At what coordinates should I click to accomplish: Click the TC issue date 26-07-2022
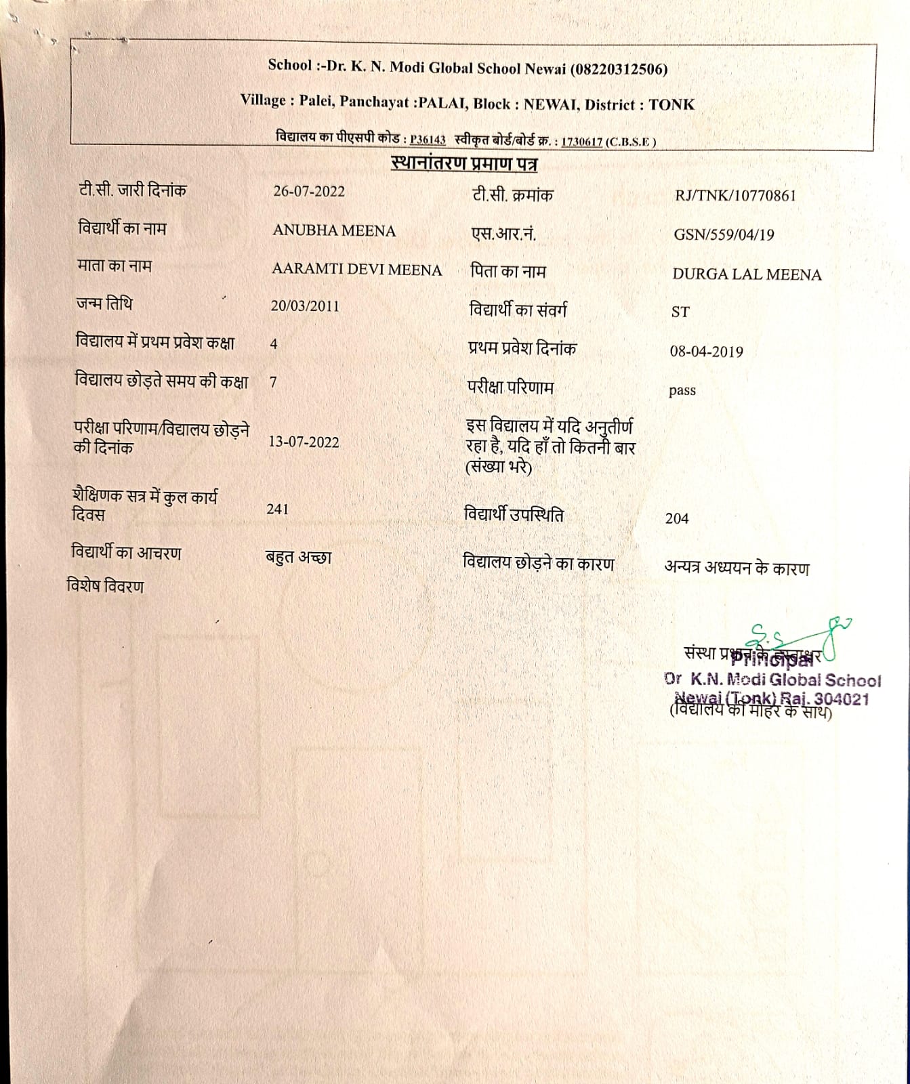(x=309, y=191)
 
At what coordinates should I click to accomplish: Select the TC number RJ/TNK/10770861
(x=735, y=196)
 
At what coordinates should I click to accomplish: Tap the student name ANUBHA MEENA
(x=334, y=230)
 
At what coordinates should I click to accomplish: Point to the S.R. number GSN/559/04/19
(x=724, y=235)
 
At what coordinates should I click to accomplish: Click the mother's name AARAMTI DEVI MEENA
(x=356, y=270)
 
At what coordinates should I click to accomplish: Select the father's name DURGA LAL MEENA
(x=747, y=274)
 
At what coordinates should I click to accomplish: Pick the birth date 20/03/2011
(x=305, y=306)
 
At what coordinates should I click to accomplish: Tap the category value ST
(x=680, y=312)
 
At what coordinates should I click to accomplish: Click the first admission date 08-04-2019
(x=706, y=352)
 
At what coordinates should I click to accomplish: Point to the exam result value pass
(x=682, y=391)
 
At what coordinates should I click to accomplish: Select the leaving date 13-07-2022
(x=304, y=442)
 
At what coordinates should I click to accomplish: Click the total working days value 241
(x=278, y=509)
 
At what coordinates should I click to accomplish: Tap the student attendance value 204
(x=677, y=518)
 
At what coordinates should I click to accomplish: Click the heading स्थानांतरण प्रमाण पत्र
(x=464, y=163)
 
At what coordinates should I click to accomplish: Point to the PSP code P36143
(x=428, y=140)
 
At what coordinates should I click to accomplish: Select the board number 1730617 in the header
(x=582, y=142)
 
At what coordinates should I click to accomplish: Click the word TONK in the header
(x=671, y=105)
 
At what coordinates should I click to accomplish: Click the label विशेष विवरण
(x=105, y=586)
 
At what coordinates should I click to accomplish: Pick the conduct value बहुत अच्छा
(x=299, y=558)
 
